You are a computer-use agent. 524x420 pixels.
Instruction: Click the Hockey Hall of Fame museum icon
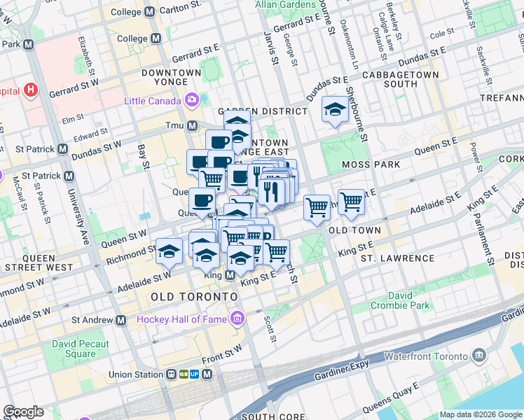point(237,319)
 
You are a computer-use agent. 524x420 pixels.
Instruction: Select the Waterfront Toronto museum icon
point(479,355)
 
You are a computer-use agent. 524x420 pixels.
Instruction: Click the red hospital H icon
point(30,90)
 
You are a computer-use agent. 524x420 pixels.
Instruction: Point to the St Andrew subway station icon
point(121,320)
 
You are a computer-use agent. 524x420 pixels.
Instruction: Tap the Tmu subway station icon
point(192,125)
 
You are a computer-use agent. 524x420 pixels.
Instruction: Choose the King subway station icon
point(230,276)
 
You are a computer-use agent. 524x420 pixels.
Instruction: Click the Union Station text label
point(139,374)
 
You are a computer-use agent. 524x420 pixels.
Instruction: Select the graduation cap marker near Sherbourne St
point(336,109)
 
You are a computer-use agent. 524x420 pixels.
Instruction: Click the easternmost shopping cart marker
point(351,202)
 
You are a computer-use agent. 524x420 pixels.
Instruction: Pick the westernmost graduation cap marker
point(169,251)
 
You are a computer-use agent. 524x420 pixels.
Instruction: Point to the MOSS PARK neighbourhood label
point(371,164)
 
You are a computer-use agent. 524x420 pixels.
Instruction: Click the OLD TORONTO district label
point(194,297)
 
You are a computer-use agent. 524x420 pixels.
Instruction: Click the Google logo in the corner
point(23,412)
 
